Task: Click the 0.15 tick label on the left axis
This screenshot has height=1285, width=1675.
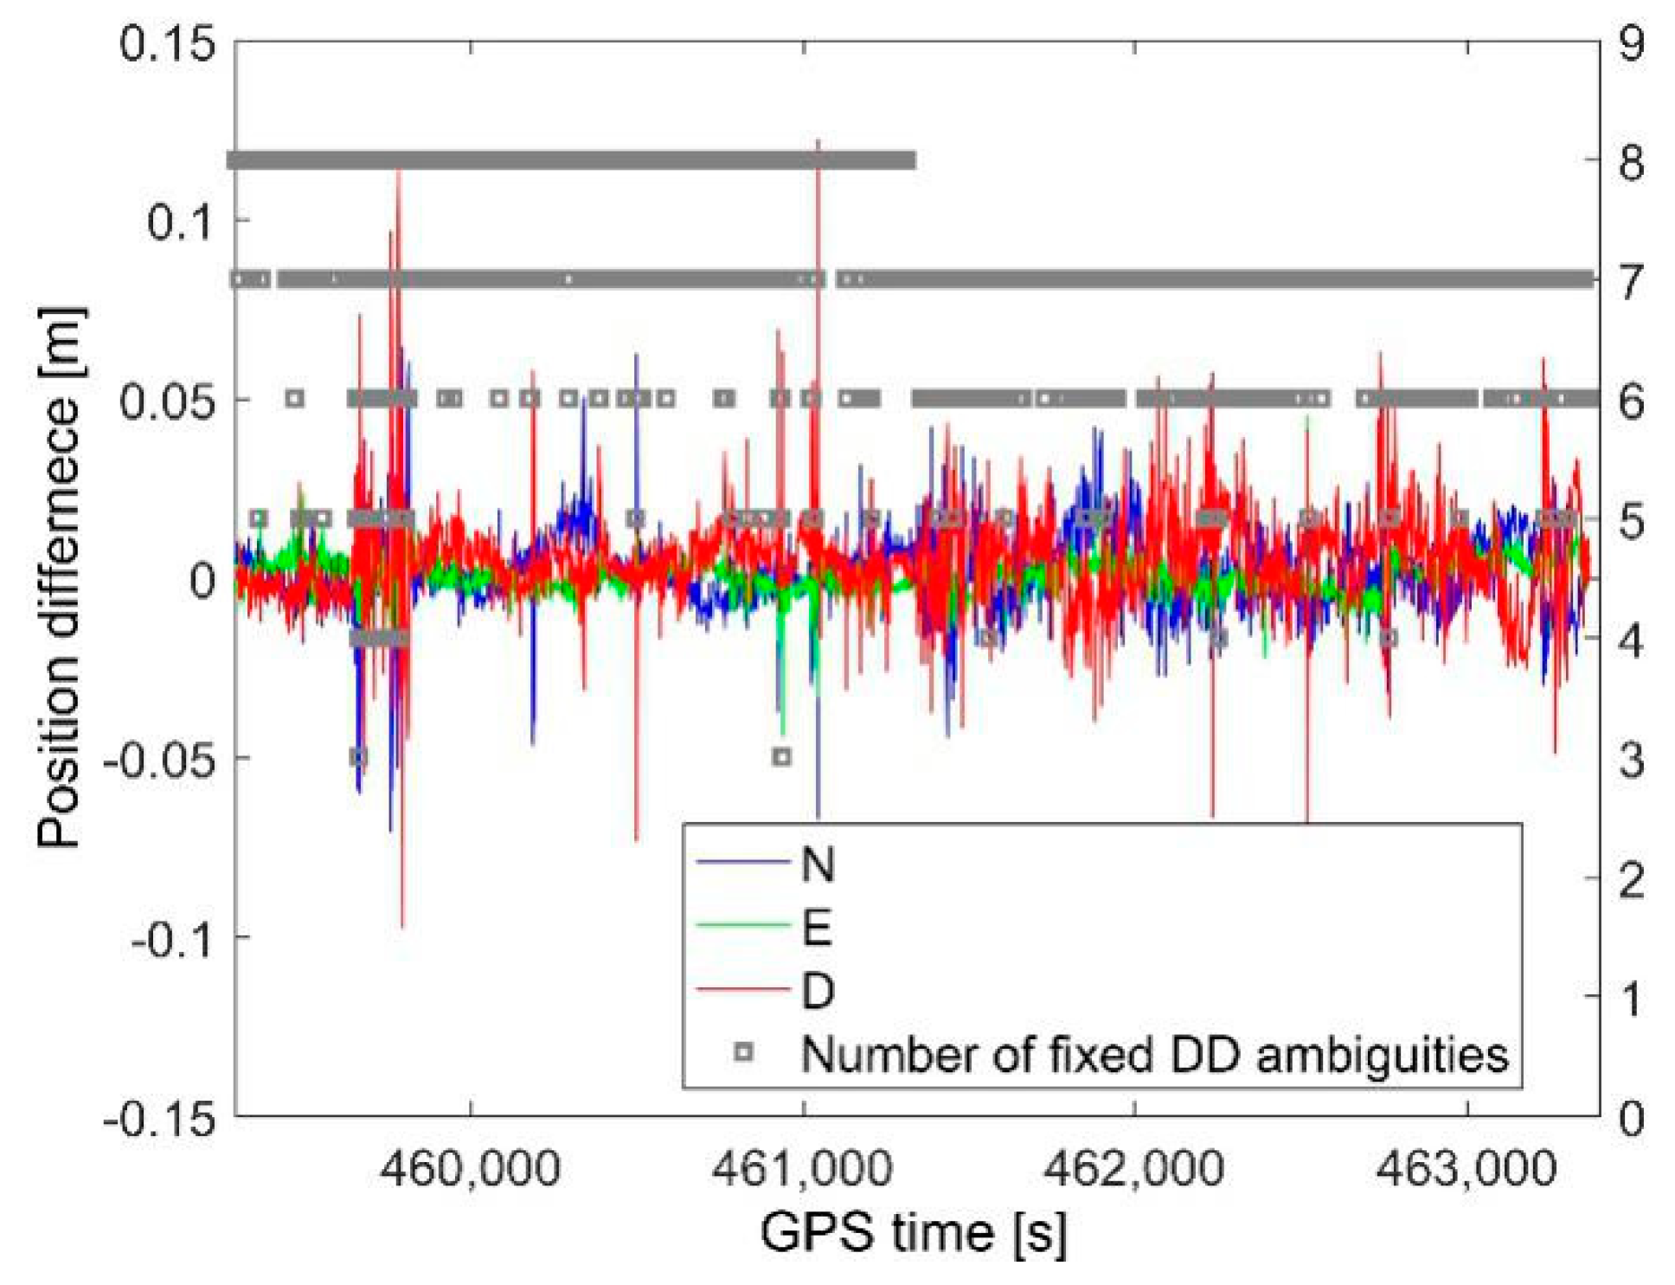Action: click(166, 42)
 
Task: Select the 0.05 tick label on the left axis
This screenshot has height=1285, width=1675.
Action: click(166, 401)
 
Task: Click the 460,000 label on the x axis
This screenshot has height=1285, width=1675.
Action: click(471, 1169)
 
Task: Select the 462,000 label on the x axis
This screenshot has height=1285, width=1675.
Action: click(1133, 1169)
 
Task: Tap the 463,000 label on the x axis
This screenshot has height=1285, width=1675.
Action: click(1466, 1169)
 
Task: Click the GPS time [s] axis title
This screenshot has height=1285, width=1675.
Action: click(914, 1232)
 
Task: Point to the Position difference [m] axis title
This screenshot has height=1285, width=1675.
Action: click(61, 577)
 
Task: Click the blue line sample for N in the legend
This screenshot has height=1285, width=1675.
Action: click(742, 863)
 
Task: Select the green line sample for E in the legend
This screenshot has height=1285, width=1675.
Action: click(742, 926)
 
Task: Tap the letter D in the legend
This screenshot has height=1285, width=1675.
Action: click(818, 991)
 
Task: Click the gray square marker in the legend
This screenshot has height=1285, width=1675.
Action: click(743, 1052)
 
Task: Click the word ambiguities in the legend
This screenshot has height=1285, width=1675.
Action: click(1382, 1055)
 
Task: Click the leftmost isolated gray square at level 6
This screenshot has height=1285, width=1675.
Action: click(295, 399)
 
